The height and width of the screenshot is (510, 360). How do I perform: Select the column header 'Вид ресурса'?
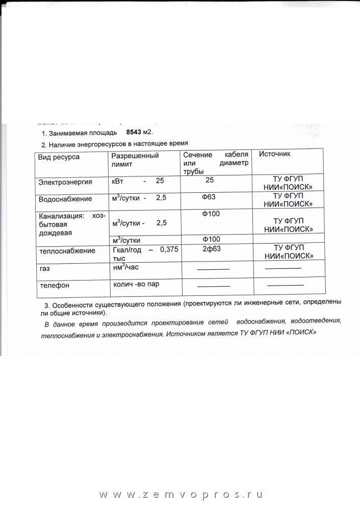59,157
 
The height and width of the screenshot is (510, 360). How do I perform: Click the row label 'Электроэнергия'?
65,182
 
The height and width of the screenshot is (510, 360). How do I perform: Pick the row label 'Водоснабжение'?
65,199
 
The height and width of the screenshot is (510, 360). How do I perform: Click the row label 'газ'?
44,268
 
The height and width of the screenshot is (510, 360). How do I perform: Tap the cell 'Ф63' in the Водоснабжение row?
211,196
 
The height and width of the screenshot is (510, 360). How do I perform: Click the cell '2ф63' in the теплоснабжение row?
211,248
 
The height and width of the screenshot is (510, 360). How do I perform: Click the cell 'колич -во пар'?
140,284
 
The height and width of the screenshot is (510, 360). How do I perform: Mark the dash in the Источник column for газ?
284,268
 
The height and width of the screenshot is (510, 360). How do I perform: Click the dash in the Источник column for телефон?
286,285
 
